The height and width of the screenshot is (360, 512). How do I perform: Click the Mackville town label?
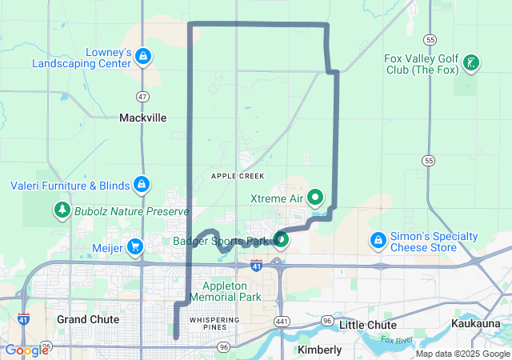click(142, 118)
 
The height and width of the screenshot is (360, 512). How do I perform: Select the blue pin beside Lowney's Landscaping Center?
click(142, 56)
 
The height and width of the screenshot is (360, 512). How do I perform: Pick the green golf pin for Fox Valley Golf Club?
click(472, 62)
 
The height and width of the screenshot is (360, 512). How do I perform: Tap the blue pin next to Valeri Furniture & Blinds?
click(142, 185)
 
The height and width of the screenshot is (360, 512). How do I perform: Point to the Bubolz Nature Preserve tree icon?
click(62, 210)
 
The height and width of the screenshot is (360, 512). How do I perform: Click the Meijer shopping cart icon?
click(134, 247)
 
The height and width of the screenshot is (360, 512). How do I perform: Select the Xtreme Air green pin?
click(316, 196)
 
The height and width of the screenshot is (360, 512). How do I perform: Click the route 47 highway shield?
click(142, 96)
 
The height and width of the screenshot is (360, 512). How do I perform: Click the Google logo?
click(26, 350)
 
